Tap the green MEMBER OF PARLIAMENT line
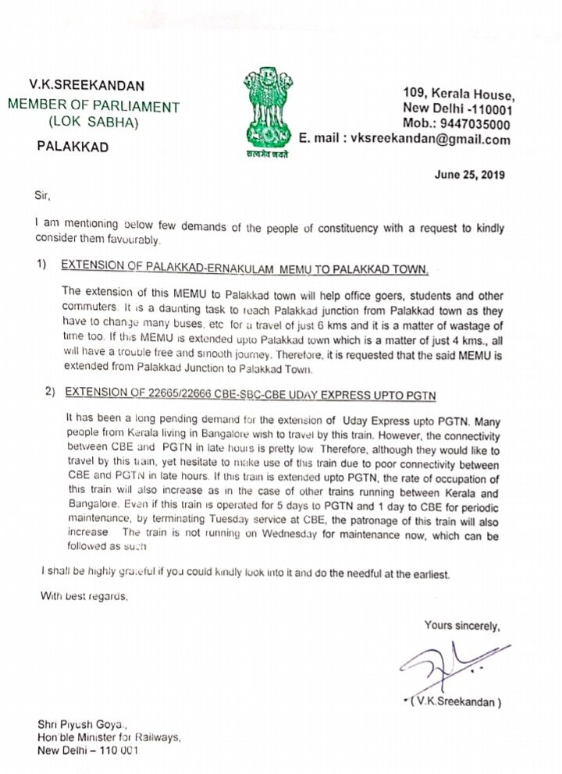pyautogui.click(x=93, y=106)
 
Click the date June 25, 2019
pyautogui.click(x=469, y=175)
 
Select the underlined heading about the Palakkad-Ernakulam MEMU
pyautogui.click(x=246, y=269)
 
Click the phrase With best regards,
pyautogui.click(x=84, y=597)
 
